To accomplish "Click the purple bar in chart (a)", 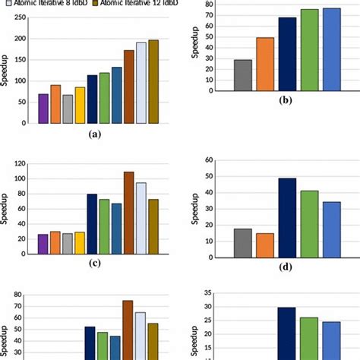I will (x=43, y=108).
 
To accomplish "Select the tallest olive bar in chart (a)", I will (x=153, y=81).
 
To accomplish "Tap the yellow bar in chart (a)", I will (x=80, y=105).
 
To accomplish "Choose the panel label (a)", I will (x=94, y=134).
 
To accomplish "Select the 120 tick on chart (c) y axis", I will (x=24, y=164).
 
